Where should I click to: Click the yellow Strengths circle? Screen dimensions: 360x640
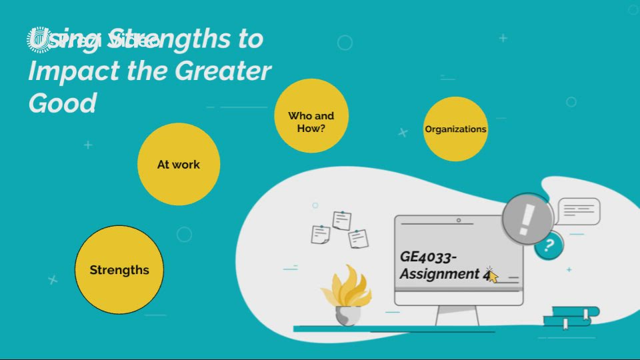tap(119, 270)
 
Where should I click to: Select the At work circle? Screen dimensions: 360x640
tap(178, 164)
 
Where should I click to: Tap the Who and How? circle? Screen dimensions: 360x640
tap(311, 115)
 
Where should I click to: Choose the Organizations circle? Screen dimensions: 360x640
tap(455, 129)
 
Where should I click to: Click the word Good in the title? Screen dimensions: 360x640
tap(62, 103)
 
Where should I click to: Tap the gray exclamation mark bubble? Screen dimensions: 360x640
tap(527, 218)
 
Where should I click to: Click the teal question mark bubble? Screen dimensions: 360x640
tap(549, 245)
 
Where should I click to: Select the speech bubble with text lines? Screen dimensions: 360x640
tap(578, 211)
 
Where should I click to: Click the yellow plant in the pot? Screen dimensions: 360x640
tap(347, 287)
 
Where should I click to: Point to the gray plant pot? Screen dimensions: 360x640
tap(347, 314)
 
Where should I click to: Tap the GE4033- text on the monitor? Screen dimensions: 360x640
tap(428, 257)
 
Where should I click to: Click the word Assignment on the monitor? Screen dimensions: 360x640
tap(439, 273)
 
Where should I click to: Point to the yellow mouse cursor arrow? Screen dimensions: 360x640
tap(492, 275)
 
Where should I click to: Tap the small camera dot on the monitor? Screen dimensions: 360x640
tap(459, 220)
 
